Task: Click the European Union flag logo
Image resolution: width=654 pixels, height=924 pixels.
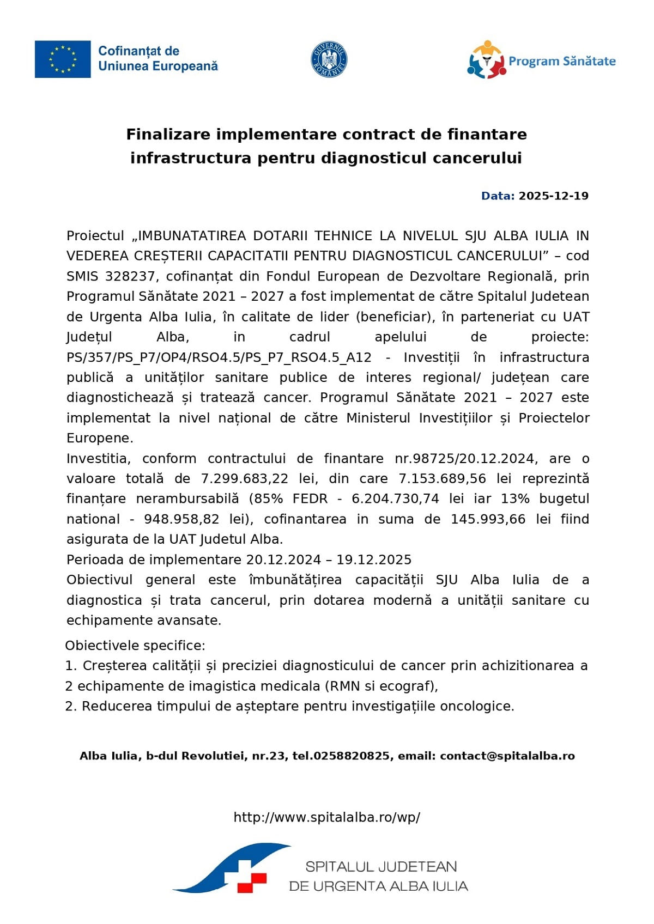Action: click(x=63, y=59)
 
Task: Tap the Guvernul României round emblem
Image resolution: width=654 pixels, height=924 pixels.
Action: click(x=329, y=59)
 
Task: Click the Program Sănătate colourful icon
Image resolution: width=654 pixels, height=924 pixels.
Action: click(x=486, y=60)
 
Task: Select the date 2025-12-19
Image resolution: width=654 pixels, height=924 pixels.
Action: click(x=553, y=196)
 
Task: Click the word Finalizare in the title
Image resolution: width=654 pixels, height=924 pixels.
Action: click(x=169, y=134)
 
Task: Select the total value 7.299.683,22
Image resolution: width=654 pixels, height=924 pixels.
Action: click(x=245, y=479)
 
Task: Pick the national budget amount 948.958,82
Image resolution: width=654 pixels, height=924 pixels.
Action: click(x=181, y=519)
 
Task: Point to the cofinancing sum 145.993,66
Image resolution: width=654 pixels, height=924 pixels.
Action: click(x=488, y=519)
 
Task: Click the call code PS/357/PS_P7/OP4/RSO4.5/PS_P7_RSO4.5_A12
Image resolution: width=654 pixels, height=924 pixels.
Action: click(x=219, y=357)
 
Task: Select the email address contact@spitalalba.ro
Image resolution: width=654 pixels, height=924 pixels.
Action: click(x=507, y=756)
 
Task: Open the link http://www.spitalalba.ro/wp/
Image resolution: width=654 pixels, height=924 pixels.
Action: click(x=327, y=817)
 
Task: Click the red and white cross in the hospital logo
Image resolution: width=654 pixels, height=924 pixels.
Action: click(x=251, y=876)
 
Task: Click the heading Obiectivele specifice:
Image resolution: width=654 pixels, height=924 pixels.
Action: click(x=135, y=646)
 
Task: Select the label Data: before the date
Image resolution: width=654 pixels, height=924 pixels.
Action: click(x=498, y=196)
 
